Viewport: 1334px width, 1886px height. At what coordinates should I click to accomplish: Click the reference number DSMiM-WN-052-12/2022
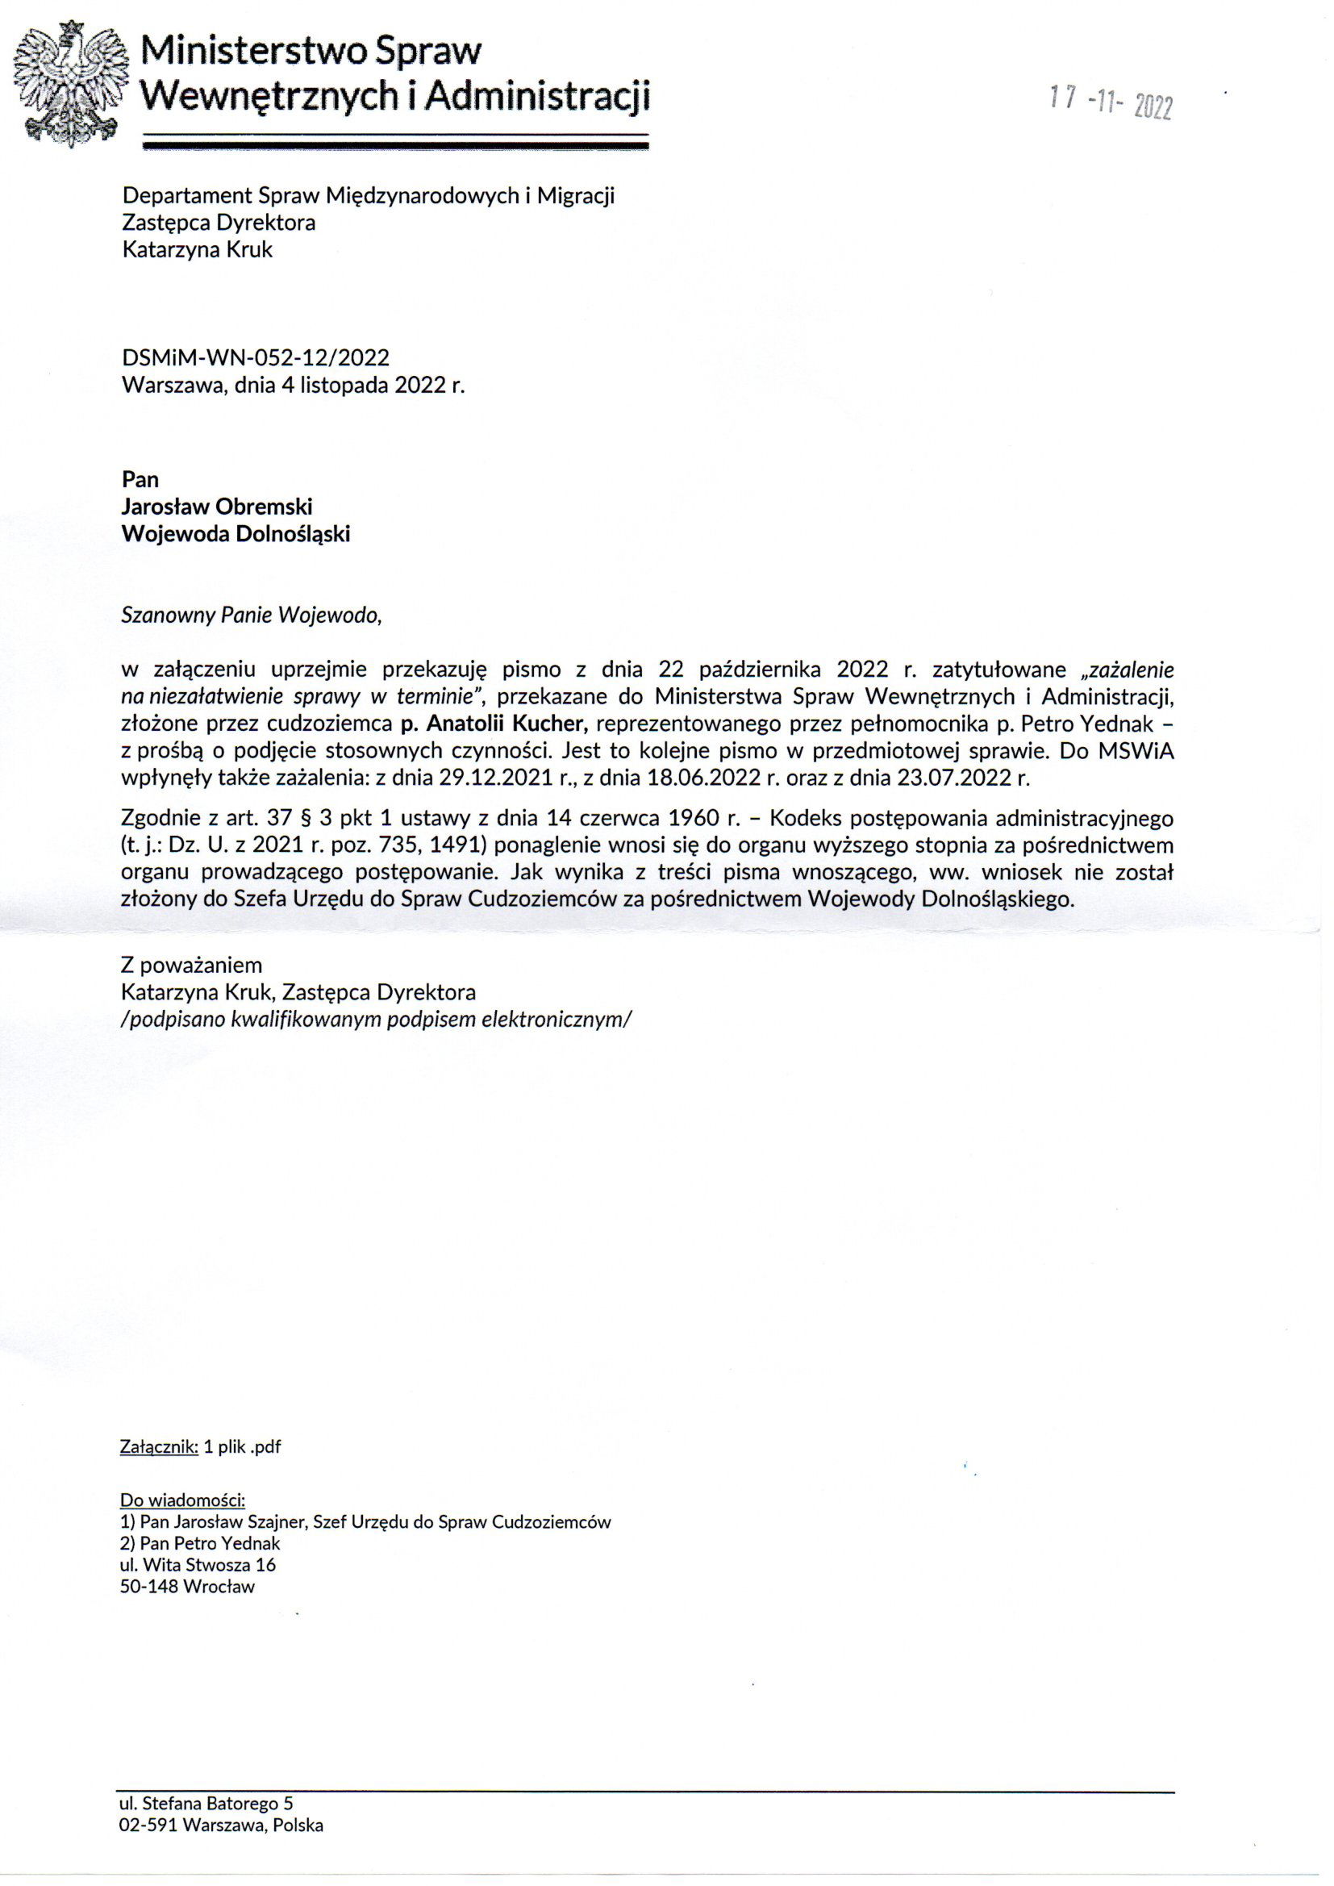[256, 357]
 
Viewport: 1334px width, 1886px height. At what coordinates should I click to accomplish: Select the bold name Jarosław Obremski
[217, 507]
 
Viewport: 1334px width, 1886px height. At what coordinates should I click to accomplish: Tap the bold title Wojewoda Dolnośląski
[236, 534]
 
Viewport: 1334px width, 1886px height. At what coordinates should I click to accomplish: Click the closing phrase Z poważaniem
[191, 965]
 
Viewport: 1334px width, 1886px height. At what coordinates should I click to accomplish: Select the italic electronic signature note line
[376, 1020]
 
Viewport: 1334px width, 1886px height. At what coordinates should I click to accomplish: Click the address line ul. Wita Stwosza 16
[198, 1565]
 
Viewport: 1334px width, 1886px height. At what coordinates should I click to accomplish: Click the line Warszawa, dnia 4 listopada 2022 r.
[294, 386]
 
